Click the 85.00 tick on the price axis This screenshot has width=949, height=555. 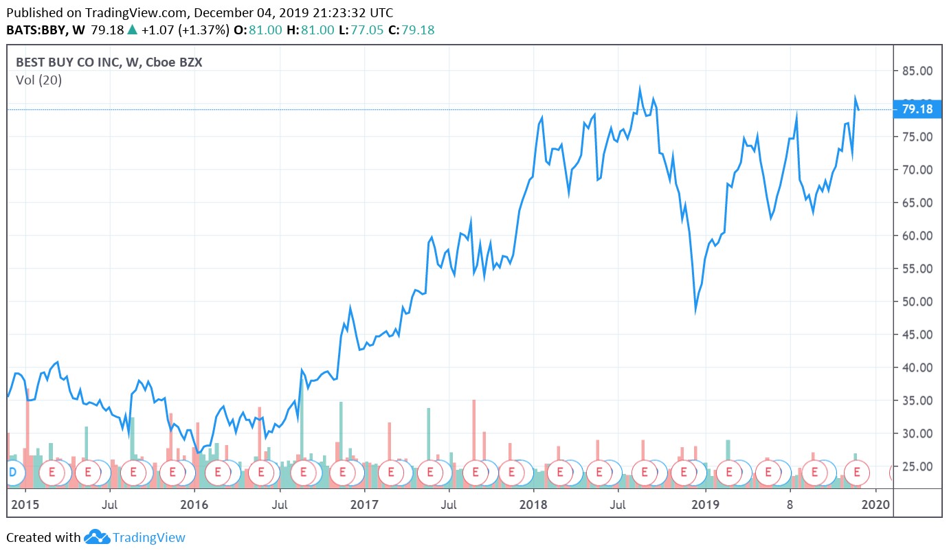(x=917, y=71)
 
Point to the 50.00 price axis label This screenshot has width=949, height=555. (x=917, y=302)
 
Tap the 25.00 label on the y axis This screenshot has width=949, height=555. (x=917, y=466)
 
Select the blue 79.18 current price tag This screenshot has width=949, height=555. (x=917, y=109)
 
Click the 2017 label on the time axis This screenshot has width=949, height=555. (x=364, y=505)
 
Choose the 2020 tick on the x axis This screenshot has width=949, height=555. (x=875, y=505)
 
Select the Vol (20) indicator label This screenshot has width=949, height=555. (x=38, y=80)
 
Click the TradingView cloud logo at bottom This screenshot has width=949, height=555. (x=97, y=537)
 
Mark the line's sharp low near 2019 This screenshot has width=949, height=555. (x=695, y=310)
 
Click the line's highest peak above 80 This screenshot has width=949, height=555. (x=640, y=89)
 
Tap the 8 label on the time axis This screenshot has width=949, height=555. (x=791, y=505)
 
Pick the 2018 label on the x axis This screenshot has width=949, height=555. (x=534, y=505)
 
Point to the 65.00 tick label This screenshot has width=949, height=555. (x=917, y=203)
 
